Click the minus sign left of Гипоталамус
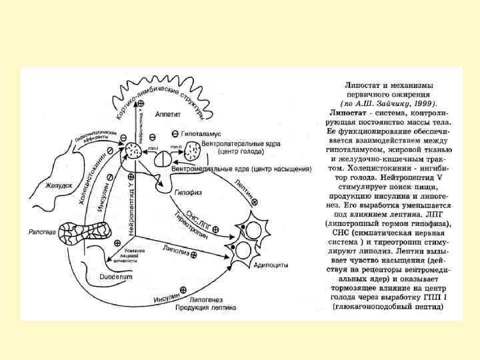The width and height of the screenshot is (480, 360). click(175, 134)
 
